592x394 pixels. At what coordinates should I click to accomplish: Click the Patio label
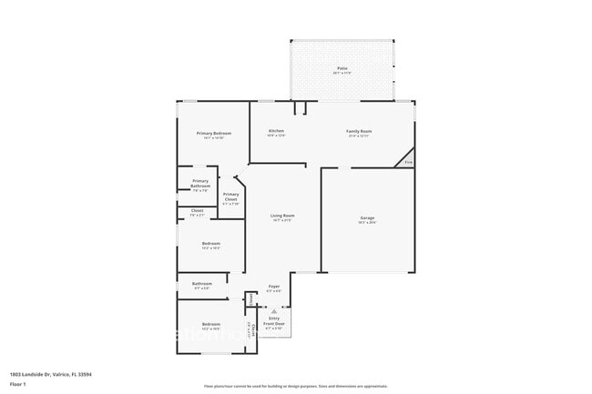tap(342, 68)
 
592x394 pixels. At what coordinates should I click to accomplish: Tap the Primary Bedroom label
tap(214, 133)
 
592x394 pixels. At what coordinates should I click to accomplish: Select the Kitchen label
tap(276, 131)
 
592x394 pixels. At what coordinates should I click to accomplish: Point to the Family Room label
tap(359, 131)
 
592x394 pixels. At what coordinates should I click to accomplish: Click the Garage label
tap(367, 218)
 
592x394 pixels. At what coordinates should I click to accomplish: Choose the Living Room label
tap(282, 216)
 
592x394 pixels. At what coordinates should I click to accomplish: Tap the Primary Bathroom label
tap(200, 183)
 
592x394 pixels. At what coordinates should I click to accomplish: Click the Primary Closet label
tap(231, 197)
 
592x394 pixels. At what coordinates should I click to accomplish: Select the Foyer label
tap(273, 287)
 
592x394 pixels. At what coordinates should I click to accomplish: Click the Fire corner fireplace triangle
tap(409, 162)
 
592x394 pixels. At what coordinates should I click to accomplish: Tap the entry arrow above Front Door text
tap(273, 310)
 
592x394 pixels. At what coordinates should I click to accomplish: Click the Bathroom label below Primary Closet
tap(202, 284)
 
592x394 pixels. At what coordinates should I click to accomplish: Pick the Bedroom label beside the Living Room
tap(210, 243)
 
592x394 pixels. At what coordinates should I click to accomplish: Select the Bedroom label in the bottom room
tap(210, 324)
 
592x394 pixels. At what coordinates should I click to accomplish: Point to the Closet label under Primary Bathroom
tap(197, 211)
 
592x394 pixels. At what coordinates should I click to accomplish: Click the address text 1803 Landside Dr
tap(51, 374)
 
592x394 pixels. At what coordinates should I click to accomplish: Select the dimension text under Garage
tap(367, 223)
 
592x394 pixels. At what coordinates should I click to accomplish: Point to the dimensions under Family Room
tap(359, 136)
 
